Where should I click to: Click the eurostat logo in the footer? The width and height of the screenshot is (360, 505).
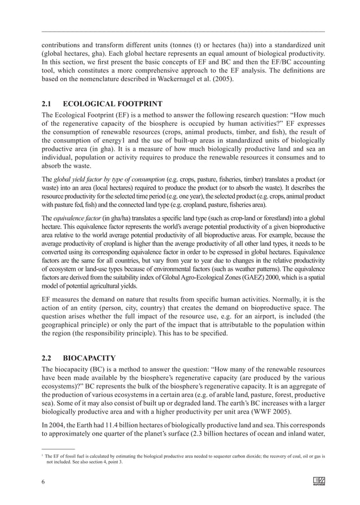(x=318, y=481)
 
